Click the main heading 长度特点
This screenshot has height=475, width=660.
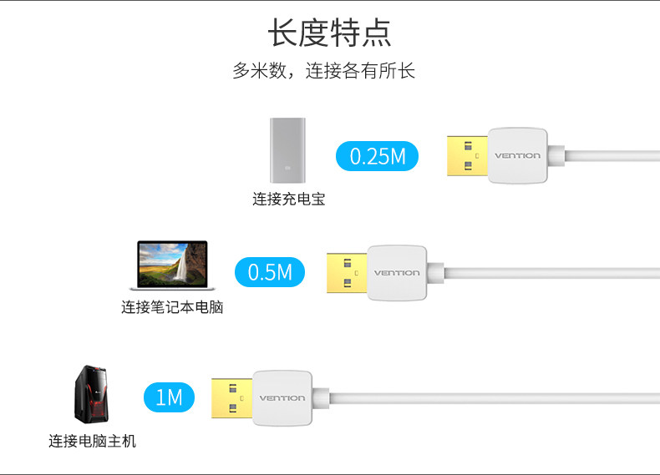pos(329,33)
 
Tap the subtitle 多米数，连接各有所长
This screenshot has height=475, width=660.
pos(323,71)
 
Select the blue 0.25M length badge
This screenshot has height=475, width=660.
pos(377,156)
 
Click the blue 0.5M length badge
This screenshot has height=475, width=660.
pos(271,272)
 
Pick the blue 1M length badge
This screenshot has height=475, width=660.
pos(169,397)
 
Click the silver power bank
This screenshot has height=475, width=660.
pos(288,150)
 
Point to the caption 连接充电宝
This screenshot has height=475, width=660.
pos(288,200)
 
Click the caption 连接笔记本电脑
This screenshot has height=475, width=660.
pos(172,307)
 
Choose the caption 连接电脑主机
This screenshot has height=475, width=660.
pos(92,441)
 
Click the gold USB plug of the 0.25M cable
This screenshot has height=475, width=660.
pos(467,156)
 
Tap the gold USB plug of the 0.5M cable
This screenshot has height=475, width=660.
pos(347,273)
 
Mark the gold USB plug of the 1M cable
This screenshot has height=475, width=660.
pos(231,398)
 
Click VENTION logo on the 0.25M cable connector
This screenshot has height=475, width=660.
pos(518,156)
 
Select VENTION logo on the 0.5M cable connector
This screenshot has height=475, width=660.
pos(397,273)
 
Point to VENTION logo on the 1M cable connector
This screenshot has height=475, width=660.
pos(282,398)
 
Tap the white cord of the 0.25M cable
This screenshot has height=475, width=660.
pos(610,156)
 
